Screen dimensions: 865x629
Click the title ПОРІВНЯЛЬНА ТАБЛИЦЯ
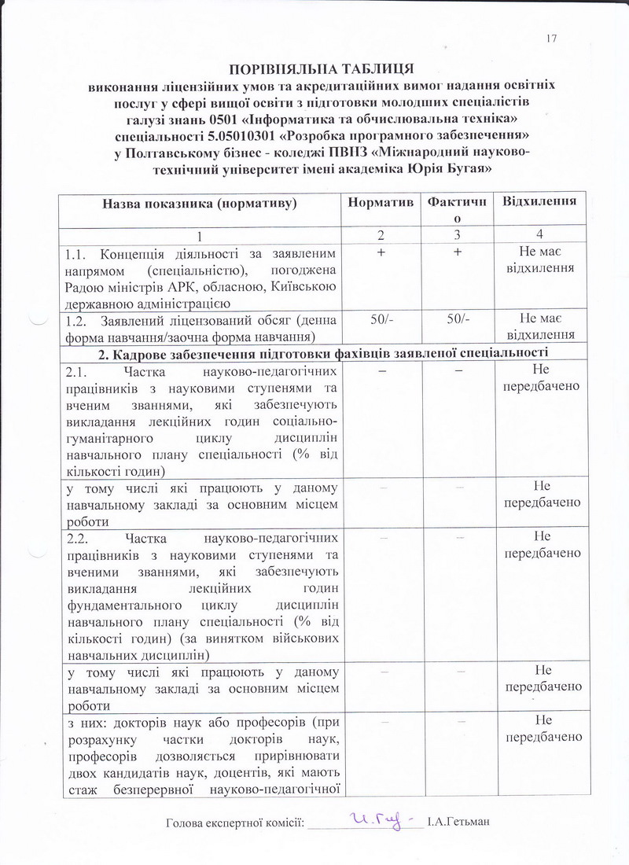click(x=321, y=68)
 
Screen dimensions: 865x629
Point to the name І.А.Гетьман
click(x=458, y=823)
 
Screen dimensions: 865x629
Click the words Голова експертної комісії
click(x=234, y=823)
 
